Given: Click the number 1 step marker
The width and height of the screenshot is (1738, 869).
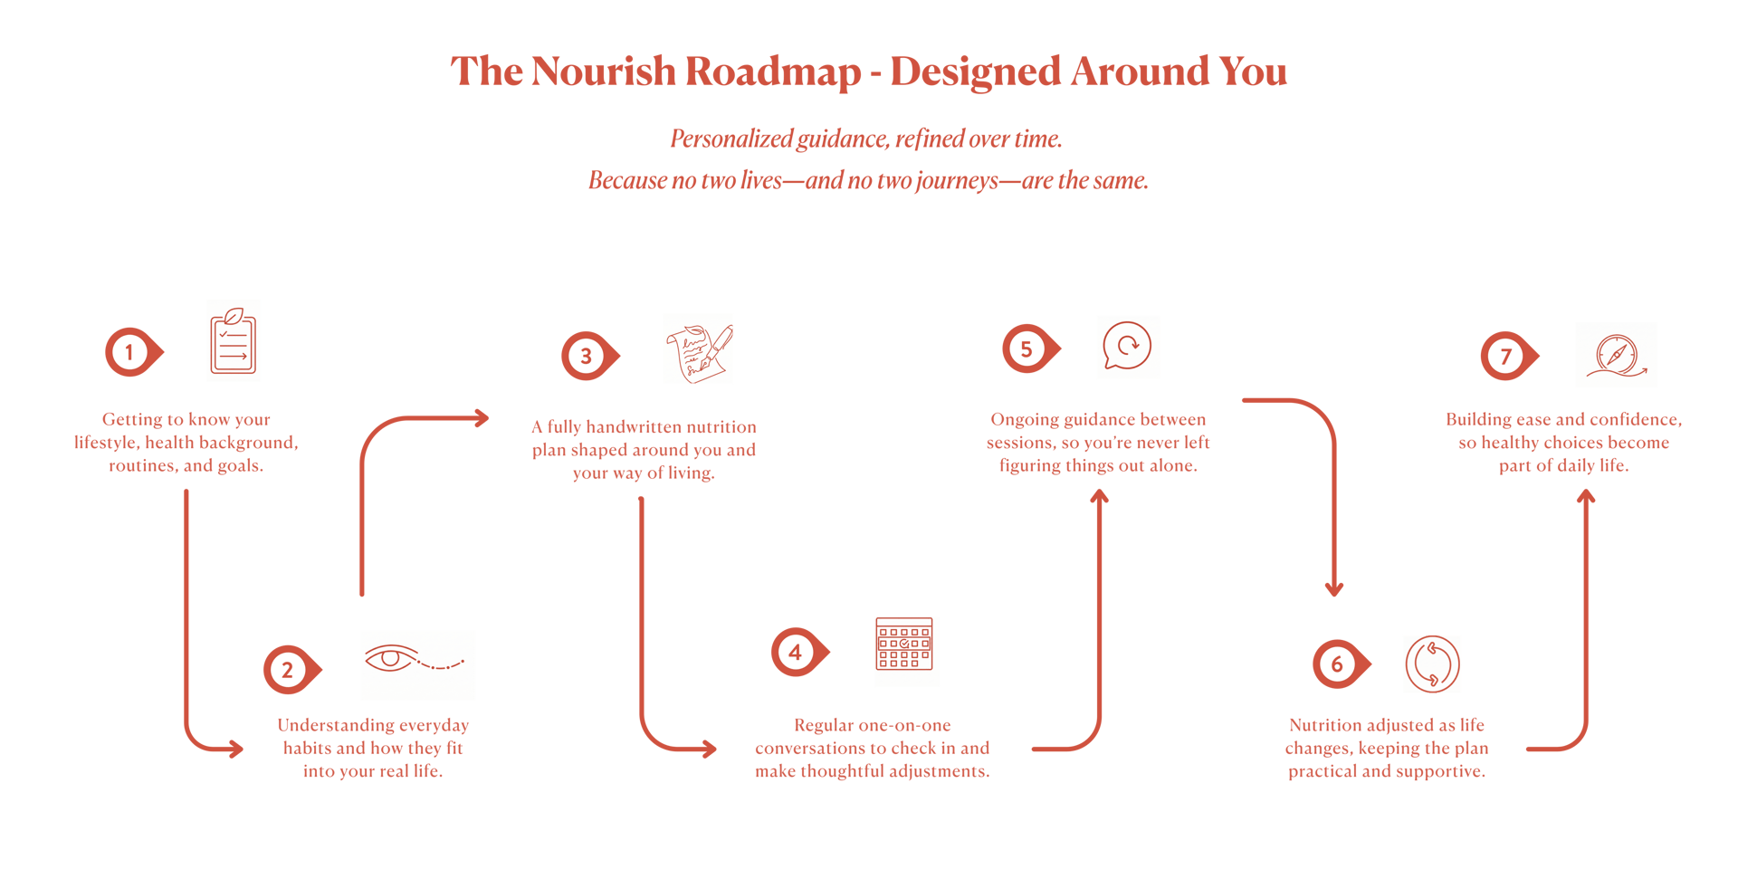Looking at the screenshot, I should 130,352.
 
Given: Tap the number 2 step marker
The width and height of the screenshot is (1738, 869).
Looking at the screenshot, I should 289,670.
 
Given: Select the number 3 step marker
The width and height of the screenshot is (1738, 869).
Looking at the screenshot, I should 587,356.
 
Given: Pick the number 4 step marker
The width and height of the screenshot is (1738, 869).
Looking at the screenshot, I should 796,652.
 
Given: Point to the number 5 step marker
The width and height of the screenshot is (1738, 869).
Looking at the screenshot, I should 1027,349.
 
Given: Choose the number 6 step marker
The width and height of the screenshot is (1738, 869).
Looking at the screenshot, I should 1338,664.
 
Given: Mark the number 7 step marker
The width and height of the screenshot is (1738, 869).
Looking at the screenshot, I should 1506,356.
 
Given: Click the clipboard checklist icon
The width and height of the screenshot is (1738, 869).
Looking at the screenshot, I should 234,340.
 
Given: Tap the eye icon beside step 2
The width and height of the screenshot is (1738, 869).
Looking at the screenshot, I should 417,664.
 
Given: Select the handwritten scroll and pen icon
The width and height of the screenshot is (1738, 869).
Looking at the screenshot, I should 698,349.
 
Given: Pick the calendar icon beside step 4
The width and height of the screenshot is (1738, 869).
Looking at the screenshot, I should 907,652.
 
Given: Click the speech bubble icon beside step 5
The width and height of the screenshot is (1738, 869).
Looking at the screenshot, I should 1128,347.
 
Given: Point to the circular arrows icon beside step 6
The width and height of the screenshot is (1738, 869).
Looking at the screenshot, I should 1432,664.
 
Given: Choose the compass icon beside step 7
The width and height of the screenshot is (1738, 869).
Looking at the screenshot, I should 1617,355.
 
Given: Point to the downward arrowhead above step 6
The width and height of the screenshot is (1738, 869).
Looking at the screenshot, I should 1333,588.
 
